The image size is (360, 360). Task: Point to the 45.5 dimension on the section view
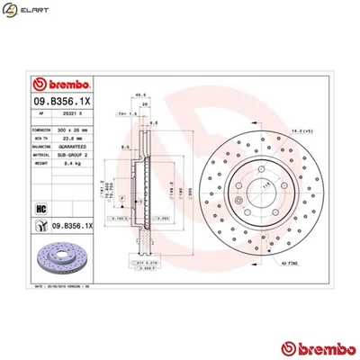pyautogui.click(x=139, y=92)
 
